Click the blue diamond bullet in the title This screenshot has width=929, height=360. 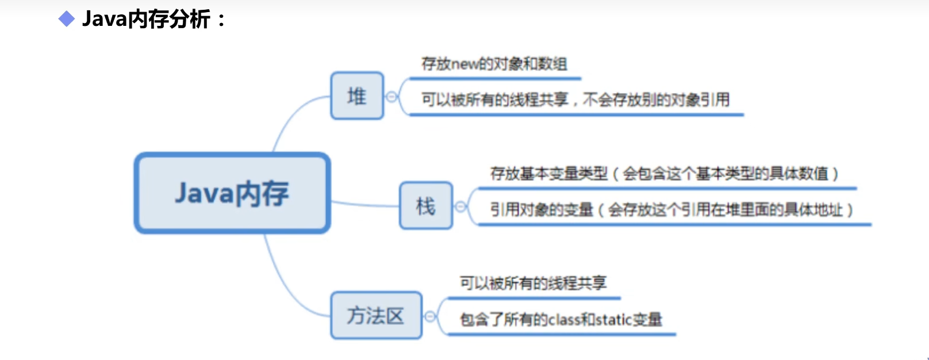pyautogui.click(x=67, y=20)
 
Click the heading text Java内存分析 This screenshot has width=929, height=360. pyautogui.click(x=147, y=20)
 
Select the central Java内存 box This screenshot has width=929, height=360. pyautogui.click(x=232, y=193)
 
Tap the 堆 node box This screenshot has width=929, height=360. pyautogui.click(x=357, y=96)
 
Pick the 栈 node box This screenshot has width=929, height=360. pyautogui.click(x=426, y=206)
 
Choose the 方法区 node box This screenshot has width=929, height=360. pyautogui.click(x=376, y=316)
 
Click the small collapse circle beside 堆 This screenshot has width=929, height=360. pyautogui.click(x=391, y=97)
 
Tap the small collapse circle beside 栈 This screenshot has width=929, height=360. pyautogui.click(x=460, y=206)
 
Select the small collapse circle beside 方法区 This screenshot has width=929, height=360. pyautogui.click(x=429, y=316)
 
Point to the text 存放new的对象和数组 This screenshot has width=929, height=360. pyautogui.click(x=494, y=64)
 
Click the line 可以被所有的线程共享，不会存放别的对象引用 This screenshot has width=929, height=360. pyautogui.click(x=575, y=100)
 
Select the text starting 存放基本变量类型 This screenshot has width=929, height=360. pyautogui.click(x=664, y=174)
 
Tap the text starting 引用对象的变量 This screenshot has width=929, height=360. pyautogui.click(x=671, y=210)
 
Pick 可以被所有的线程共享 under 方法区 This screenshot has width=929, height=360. pyautogui.click(x=533, y=283)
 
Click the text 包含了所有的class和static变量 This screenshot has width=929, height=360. pyautogui.click(x=561, y=319)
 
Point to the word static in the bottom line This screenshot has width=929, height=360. pyautogui.click(x=614, y=319)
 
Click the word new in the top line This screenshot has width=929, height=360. pyautogui.click(x=464, y=64)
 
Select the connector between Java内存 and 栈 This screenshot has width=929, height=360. pyautogui.click(x=365, y=204)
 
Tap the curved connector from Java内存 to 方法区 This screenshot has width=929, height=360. pyautogui.click(x=287, y=288)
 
